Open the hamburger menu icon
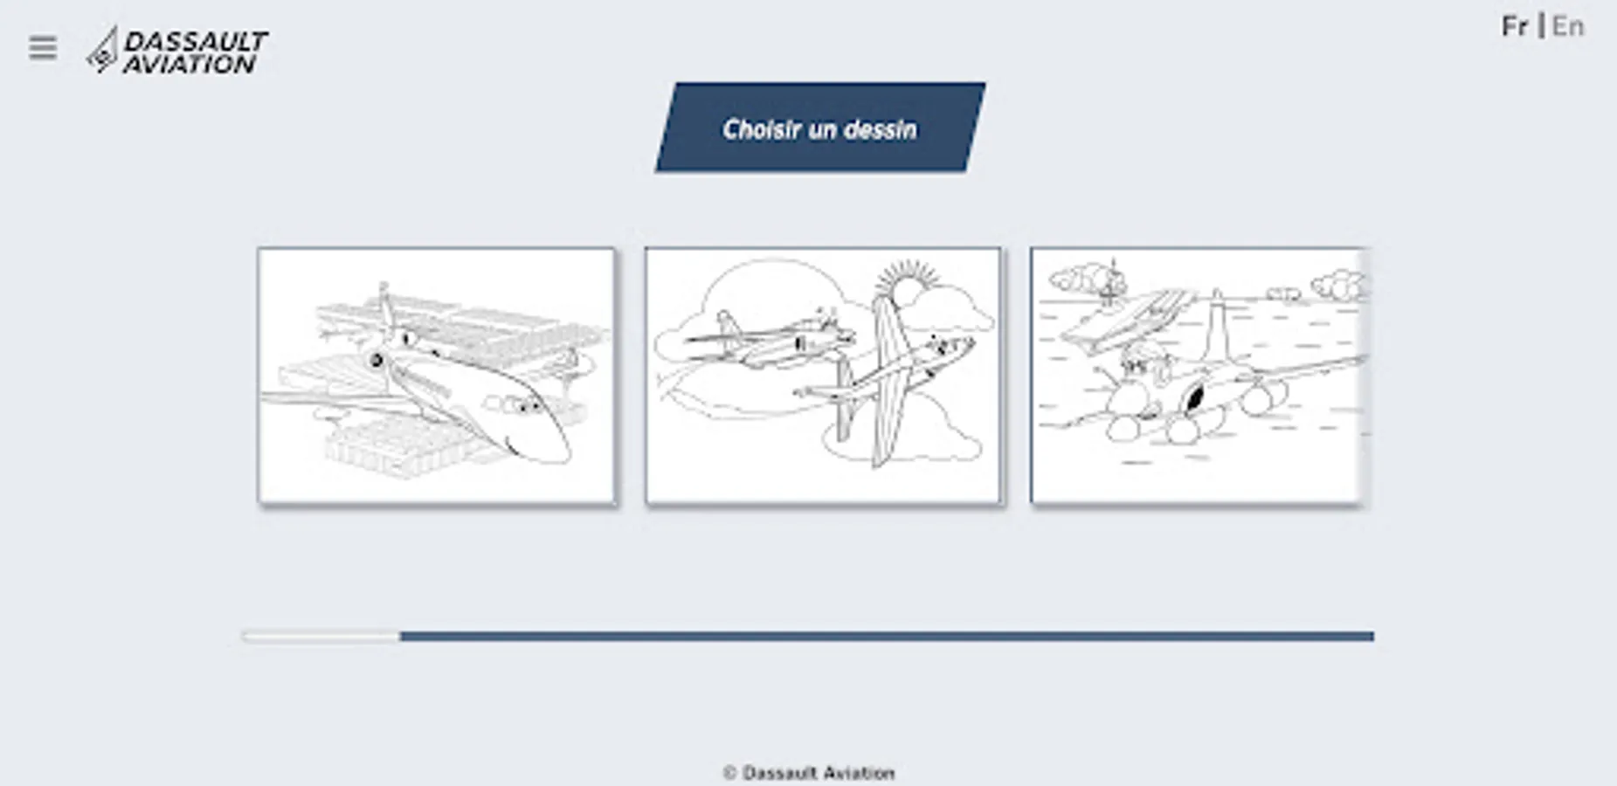(42, 48)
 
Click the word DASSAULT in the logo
(196, 41)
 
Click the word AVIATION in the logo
(190, 64)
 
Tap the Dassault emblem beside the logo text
(102, 51)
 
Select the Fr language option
(1515, 27)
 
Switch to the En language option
(1568, 27)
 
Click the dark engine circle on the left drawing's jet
(377, 359)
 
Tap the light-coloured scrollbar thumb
(321, 637)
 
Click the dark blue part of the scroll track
(887, 637)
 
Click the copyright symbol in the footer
(730, 773)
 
